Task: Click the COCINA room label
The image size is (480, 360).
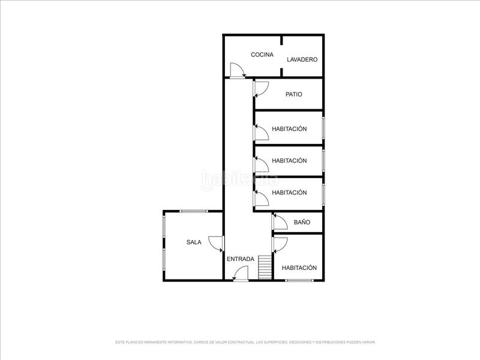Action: [x=262, y=55]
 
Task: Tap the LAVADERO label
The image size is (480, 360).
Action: [x=302, y=59]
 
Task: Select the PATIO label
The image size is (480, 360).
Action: [x=294, y=94]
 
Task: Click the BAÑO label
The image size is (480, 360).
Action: [x=302, y=222]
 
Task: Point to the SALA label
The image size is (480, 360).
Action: [x=194, y=242]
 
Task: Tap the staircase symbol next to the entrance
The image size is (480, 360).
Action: [x=265, y=268]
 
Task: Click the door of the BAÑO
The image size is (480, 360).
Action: [x=279, y=223]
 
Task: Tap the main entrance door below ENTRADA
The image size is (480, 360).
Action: [x=241, y=274]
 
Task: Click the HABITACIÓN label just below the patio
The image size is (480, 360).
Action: [x=289, y=129]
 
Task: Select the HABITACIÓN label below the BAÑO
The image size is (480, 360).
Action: [x=299, y=268]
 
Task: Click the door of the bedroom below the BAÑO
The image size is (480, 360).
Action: [x=280, y=244]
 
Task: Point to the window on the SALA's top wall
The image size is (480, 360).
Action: [x=194, y=211]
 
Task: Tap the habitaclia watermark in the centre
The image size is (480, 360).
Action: [x=240, y=178]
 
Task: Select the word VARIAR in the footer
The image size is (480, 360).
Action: [x=368, y=342]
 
